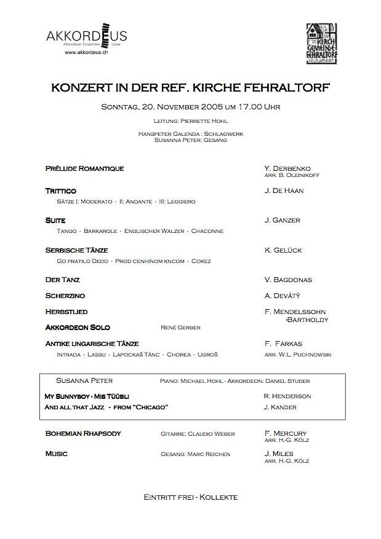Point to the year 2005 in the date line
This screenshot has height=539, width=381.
(195, 107)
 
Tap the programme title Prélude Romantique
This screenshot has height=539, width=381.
(85, 168)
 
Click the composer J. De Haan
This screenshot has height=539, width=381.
(284, 191)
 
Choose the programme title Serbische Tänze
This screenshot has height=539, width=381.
(76, 250)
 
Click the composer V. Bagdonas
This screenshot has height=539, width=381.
(288, 280)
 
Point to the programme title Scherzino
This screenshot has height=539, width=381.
(65, 296)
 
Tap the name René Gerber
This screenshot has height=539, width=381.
(180, 328)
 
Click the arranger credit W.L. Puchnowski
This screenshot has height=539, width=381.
(306, 355)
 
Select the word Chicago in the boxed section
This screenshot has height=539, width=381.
(151, 407)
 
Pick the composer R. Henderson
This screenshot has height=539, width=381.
(287, 396)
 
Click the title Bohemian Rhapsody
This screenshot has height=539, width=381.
(83, 433)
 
